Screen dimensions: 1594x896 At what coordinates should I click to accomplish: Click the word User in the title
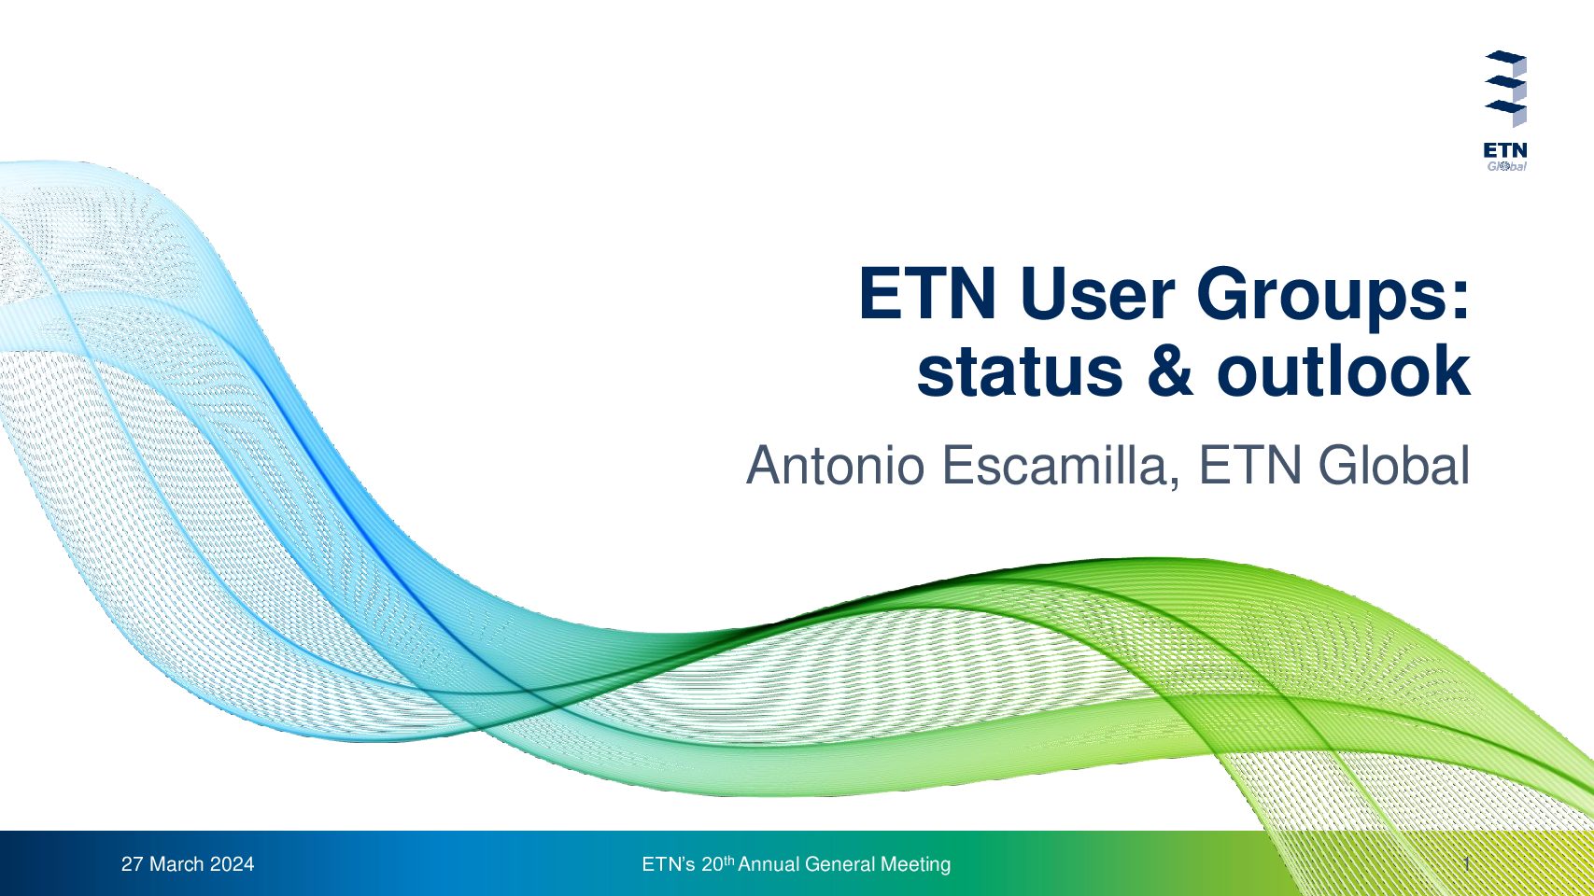tap(1097, 294)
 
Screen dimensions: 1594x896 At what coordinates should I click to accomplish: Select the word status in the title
tap(1020, 371)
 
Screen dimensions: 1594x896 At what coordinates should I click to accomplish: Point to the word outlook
tap(1344, 371)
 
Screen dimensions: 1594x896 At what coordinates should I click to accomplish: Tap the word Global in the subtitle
tap(1394, 465)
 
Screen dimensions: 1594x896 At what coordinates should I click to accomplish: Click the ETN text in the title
tap(927, 294)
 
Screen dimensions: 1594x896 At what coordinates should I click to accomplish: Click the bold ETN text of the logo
tap(1505, 151)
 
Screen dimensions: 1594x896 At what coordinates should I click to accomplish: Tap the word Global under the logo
tap(1507, 166)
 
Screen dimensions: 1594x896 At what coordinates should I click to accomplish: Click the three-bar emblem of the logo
tap(1506, 88)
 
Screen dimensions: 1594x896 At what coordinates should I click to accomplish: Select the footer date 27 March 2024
tap(188, 864)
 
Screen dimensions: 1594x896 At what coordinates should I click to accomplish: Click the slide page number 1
tap(1467, 864)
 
